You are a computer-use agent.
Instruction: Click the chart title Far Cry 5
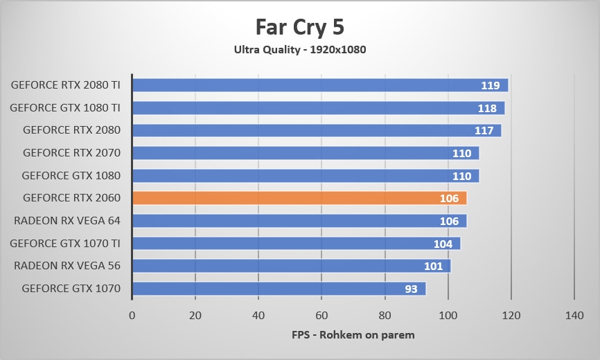[300, 27]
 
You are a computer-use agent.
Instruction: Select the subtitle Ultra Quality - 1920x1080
[300, 50]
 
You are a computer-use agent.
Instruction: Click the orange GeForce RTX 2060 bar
[299, 198]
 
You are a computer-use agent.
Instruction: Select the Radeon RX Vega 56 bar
[291, 266]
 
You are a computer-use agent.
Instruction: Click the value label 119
[491, 86]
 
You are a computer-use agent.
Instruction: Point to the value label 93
[412, 289]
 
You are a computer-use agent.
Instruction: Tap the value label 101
[434, 267]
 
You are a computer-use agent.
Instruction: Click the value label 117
[484, 131]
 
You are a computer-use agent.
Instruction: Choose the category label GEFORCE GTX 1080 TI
[65, 108]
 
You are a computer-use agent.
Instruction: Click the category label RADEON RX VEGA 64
[67, 221]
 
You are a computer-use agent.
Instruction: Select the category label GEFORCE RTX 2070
[71, 153]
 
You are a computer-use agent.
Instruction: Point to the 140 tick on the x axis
[574, 315]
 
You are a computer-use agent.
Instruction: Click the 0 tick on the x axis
[132, 315]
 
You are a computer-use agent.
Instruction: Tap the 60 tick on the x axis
[321, 315]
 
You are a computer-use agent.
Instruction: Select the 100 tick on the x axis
[448, 315]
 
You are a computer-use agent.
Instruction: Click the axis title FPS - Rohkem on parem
[353, 335]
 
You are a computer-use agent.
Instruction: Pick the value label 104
[443, 244]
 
